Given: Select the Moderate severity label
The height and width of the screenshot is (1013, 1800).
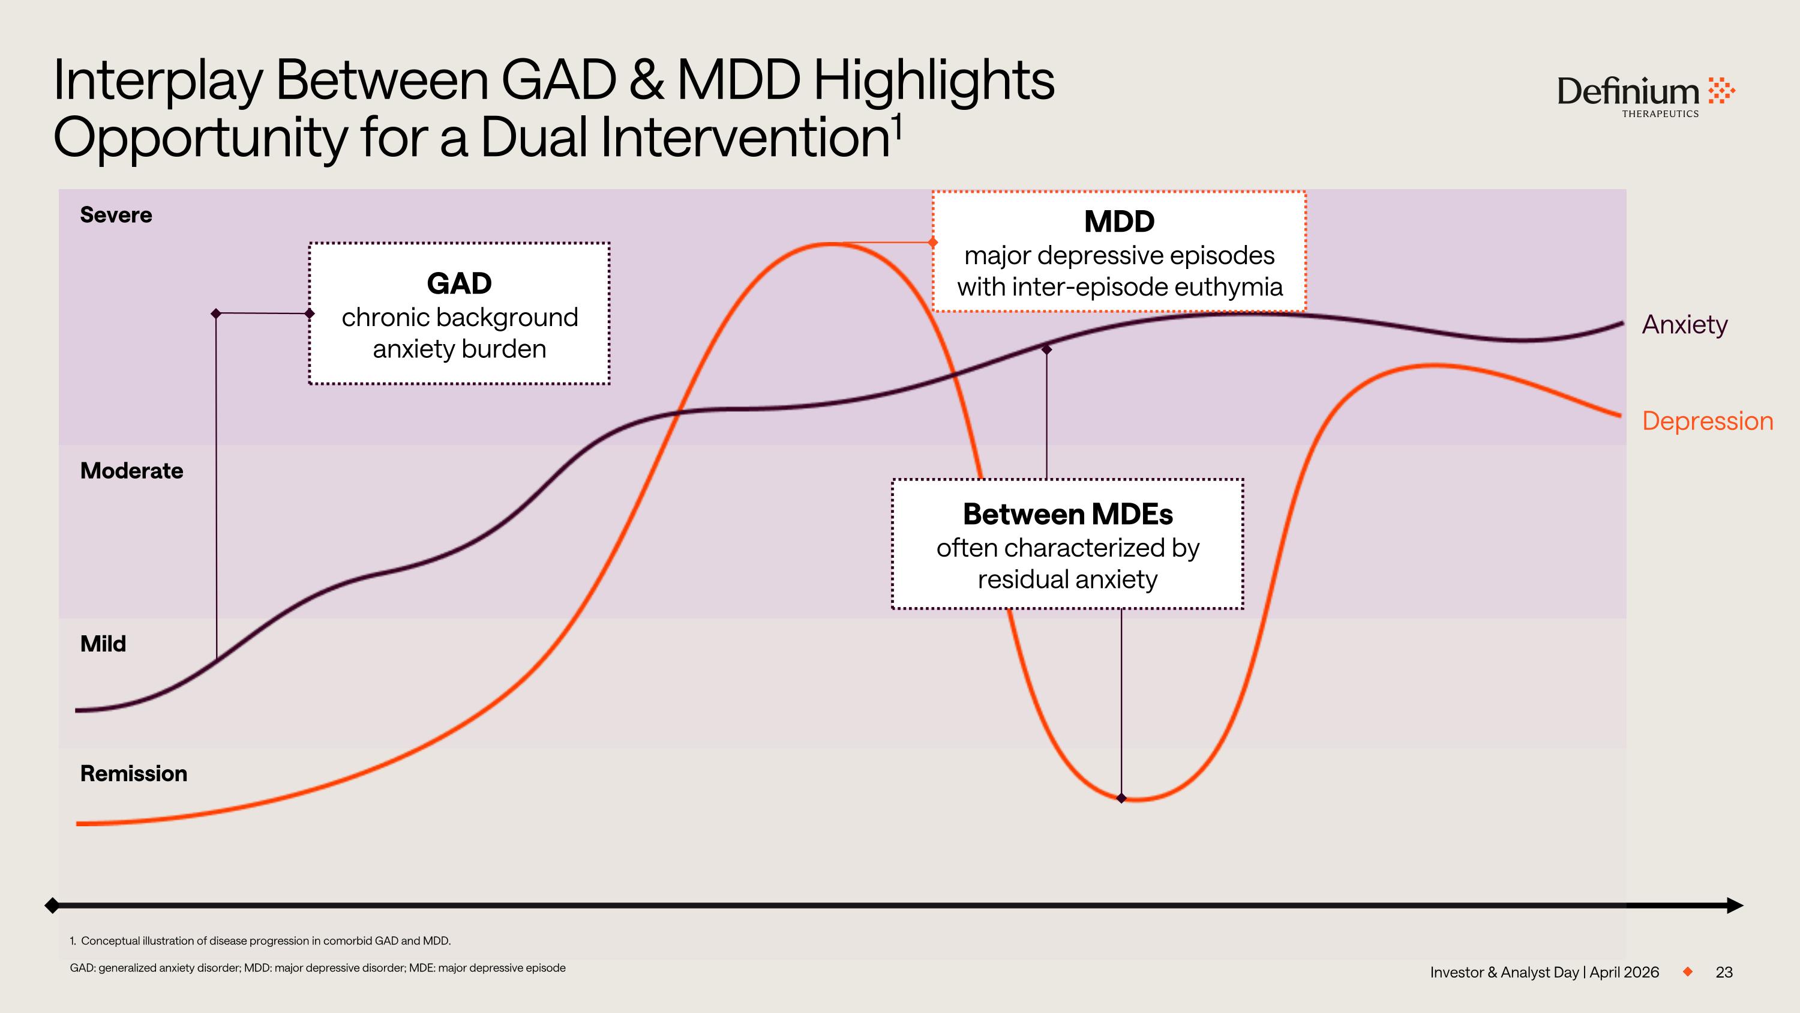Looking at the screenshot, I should pos(131,471).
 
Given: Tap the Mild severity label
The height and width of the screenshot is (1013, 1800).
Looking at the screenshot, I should pos(103,644).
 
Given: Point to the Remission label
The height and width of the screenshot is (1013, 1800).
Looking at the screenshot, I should pos(133,773).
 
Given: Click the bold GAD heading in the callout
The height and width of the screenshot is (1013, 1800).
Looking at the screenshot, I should pos(459,283).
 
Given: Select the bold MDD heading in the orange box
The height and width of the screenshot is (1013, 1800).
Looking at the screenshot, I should pos(1119,222).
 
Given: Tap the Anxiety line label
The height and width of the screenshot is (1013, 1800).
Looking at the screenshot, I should pos(1684,324).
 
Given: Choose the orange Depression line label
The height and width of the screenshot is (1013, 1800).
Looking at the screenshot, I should pos(1707,421).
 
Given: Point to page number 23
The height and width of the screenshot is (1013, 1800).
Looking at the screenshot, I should pos(1724,972).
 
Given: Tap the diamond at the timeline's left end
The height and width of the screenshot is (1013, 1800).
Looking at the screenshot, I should pos(52,906).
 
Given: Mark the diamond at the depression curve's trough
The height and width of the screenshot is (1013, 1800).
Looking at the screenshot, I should pos(1121,797).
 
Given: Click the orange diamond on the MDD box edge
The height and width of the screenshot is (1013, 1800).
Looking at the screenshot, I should pos(933,242).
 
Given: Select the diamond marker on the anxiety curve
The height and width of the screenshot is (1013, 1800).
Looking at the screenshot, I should pos(1046,349).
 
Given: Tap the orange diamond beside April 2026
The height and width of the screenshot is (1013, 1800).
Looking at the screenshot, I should pos(1687,971).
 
